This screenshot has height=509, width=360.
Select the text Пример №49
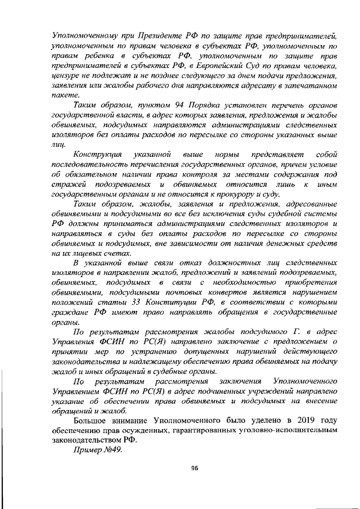95,450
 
